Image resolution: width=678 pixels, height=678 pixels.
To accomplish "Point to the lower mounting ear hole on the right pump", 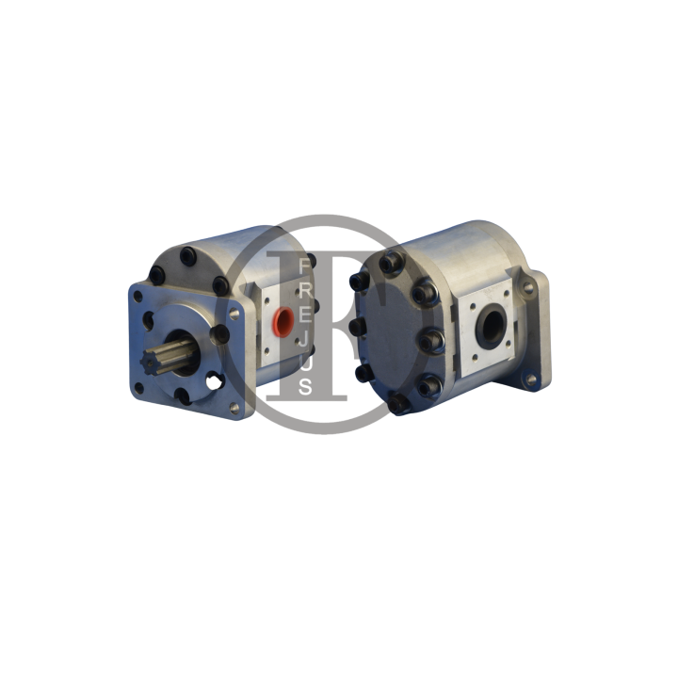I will pos(529,379).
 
